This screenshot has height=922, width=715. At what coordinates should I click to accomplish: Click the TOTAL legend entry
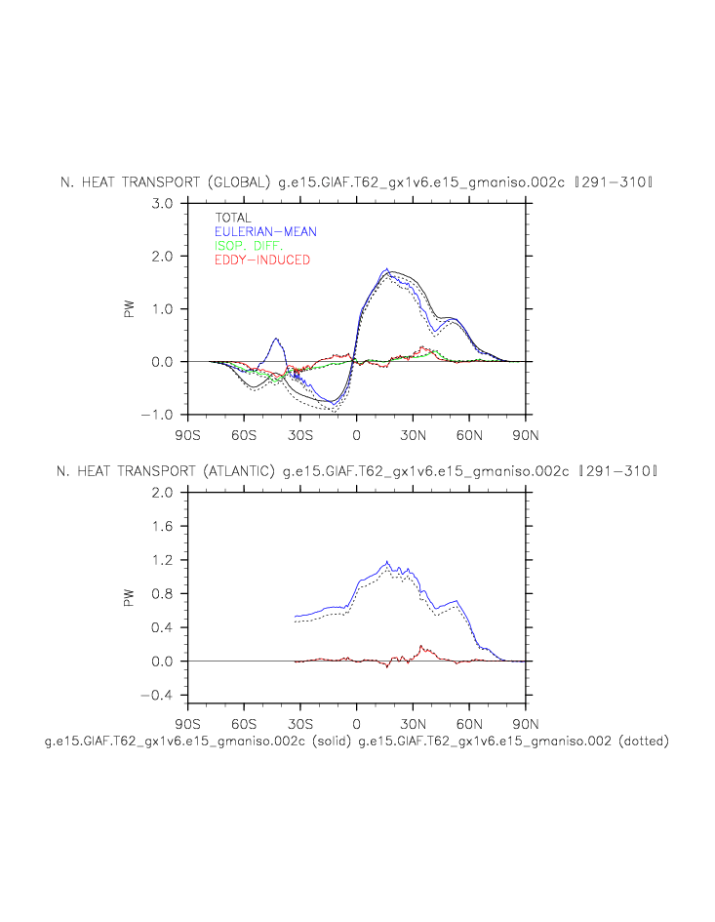[233, 218]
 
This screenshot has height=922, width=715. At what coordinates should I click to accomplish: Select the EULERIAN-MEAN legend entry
[265, 231]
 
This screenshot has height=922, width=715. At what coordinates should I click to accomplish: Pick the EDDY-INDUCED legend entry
[261, 261]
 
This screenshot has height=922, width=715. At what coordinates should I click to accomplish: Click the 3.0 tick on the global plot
[161, 203]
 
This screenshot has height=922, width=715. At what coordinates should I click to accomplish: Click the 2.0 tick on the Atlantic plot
[161, 493]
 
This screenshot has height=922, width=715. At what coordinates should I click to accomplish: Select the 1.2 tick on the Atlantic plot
[161, 560]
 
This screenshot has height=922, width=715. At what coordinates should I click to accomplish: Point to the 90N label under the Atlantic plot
[526, 724]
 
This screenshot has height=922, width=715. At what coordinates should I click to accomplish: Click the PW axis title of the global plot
[129, 309]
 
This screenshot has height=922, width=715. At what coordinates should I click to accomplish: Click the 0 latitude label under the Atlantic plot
[356, 724]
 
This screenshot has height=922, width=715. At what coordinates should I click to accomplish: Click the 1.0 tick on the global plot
[161, 309]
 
